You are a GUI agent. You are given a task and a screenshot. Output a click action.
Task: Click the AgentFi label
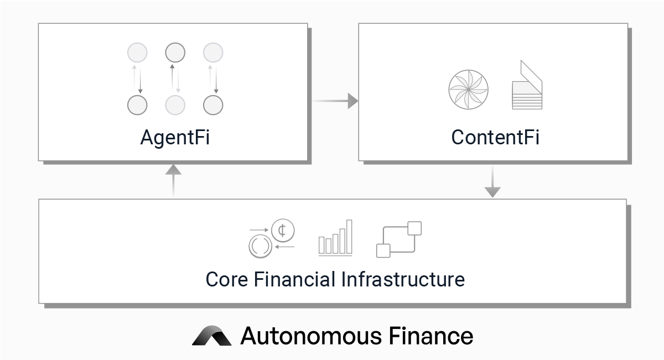pyautogui.click(x=175, y=137)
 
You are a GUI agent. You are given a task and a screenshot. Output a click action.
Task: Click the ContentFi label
pyautogui.click(x=495, y=137)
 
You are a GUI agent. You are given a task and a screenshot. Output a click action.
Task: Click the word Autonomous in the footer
pyautogui.click(x=310, y=336)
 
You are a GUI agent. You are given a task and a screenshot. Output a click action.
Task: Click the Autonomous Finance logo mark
pyautogui.click(x=212, y=336)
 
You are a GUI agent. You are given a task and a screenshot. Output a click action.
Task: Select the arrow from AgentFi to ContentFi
pyautogui.click(x=335, y=101)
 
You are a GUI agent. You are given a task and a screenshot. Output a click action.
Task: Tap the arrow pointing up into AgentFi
pyautogui.click(x=174, y=179)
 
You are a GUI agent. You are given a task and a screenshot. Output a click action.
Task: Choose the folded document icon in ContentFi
pyautogui.click(x=527, y=86)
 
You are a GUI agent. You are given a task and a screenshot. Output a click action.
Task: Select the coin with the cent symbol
pyautogui.click(x=282, y=231)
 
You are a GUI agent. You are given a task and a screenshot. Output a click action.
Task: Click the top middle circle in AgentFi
pyautogui.click(x=175, y=53)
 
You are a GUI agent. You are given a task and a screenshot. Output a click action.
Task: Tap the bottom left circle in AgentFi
pyautogui.click(x=137, y=105)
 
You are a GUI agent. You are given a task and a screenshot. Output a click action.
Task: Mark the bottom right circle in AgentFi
pyautogui.click(x=213, y=105)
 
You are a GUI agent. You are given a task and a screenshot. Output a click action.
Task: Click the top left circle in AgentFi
pyautogui.click(x=137, y=53)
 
